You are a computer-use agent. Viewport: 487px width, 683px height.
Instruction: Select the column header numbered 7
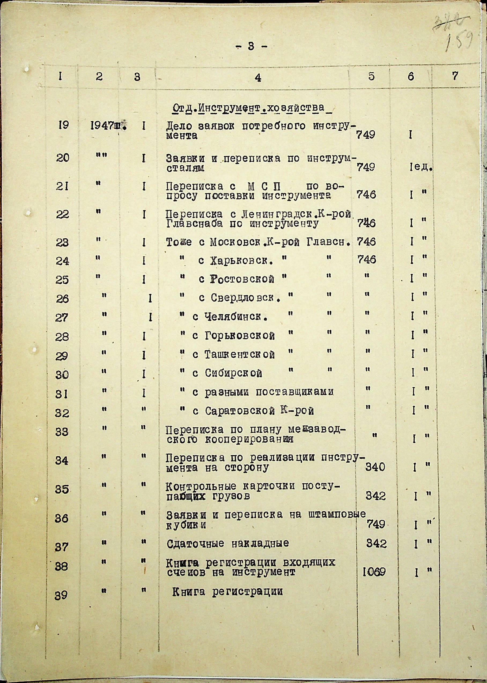coord(455,76)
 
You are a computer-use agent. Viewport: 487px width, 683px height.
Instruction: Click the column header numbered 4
coord(258,78)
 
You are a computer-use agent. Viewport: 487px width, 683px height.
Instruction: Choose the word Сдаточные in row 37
coord(195,543)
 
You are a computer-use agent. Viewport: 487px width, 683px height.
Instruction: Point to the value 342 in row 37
coord(376,543)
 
